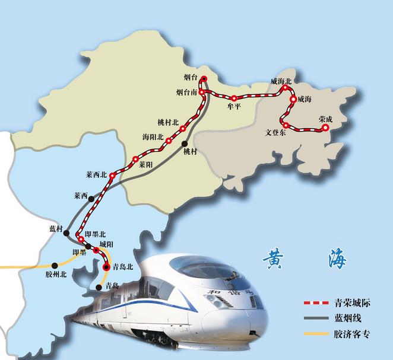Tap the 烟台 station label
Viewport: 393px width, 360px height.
pyautogui.click(x=190, y=78)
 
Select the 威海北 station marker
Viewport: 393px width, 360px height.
pyautogui.click(x=286, y=88)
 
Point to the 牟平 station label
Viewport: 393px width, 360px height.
pyautogui.click(x=234, y=107)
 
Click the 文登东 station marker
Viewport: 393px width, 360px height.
pyautogui.click(x=286, y=125)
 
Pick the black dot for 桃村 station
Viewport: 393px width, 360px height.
pyautogui.click(x=185, y=144)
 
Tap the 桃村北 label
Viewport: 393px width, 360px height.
pyautogui.click(x=168, y=122)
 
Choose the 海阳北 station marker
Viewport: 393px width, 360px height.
pyautogui.click(x=169, y=141)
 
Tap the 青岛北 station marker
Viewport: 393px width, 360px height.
pyautogui.click(x=106, y=267)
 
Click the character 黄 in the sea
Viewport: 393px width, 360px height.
pyautogui.click(x=274, y=259)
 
